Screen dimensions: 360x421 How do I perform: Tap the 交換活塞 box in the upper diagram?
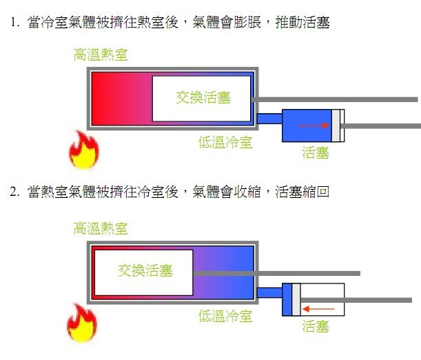201,98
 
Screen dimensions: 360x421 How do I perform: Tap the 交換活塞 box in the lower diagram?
143,272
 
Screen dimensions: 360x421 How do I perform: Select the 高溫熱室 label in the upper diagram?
101,54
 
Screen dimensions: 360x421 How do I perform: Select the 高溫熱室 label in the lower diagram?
101,228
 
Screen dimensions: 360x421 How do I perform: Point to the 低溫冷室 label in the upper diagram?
225,143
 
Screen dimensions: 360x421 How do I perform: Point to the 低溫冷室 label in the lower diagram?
225,317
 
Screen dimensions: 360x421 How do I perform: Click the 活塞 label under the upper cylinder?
316,152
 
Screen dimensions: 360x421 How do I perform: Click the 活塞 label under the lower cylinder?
316,326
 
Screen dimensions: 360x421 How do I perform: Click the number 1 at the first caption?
13,23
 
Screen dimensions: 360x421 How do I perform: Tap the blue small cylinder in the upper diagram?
307,126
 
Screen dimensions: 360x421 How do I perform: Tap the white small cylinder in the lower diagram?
322,300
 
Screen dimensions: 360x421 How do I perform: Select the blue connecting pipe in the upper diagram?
269,119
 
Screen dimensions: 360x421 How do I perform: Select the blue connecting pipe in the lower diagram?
269,292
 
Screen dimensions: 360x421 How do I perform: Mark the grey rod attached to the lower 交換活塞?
276,273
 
